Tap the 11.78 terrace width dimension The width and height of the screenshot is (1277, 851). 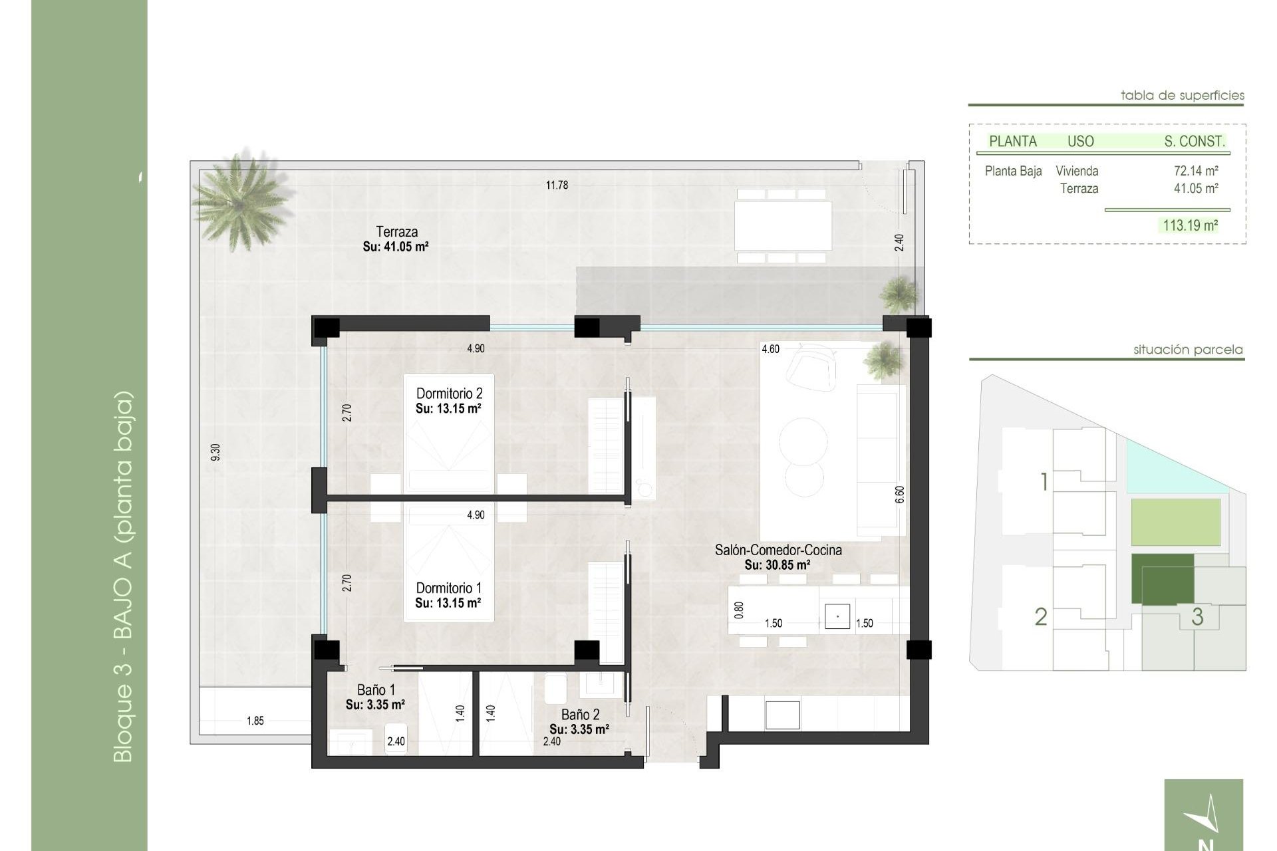(557, 185)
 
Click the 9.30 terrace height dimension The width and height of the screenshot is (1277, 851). (215, 452)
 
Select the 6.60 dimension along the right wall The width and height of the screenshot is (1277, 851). (900, 495)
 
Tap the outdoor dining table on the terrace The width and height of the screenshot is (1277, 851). (783, 225)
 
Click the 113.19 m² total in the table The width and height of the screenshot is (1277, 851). (1190, 225)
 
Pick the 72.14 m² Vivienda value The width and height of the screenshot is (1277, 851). (1195, 171)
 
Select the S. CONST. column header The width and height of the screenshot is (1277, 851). (1194, 141)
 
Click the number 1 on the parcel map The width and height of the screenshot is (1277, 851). (1044, 481)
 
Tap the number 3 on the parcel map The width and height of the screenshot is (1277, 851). (1197, 616)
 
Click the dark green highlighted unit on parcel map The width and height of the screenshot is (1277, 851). (1162, 579)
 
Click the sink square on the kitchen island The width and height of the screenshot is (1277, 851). (837, 616)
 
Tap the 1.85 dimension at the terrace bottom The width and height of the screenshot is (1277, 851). (255, 721)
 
